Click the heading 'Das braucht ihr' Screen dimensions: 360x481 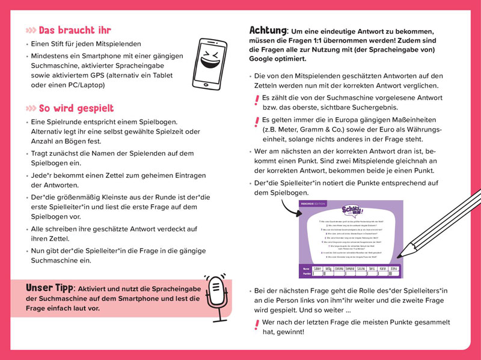(75, 30)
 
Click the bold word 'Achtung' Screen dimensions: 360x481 (268, 30)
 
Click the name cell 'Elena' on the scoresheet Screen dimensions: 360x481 (394, 267)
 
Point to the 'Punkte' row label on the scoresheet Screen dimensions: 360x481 (306, 273)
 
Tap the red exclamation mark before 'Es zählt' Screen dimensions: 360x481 (257, 100)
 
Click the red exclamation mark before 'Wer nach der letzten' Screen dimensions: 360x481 (257, 325)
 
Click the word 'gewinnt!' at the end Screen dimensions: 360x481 (291, 331)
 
